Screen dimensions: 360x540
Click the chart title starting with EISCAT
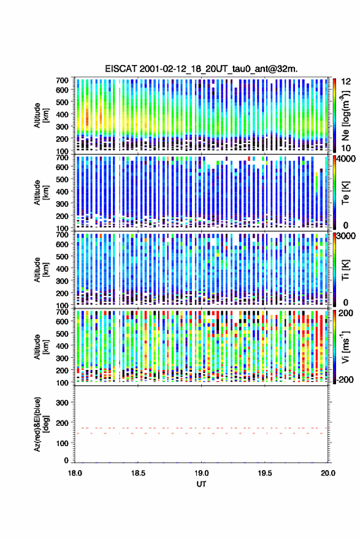[x=201, y=69]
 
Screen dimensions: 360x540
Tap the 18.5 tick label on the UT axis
[x=138, y=473]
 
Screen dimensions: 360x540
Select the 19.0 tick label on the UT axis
[x=201, y=473]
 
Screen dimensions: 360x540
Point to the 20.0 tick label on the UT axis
[x=328, y=473]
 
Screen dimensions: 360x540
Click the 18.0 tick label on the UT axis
[x=75, y=473]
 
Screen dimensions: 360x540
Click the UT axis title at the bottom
[x=201, y=484]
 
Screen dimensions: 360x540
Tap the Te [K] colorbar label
[x=345, y=193]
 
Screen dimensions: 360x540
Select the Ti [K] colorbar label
[x=345, y=269]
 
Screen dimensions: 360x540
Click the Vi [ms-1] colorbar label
[x=345, y=347]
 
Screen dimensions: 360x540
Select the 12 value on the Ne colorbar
[x=346, y=82]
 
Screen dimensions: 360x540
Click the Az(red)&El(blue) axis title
[x=41, y=424]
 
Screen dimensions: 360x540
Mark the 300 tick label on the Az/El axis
[x=62, y=403]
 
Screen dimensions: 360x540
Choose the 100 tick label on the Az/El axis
[x=62, y=443]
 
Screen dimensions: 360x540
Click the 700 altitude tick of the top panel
[x=62, y=80]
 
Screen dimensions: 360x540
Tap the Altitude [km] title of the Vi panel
[x=41, y=347]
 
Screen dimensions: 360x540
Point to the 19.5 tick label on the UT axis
[x=265, y=473]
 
